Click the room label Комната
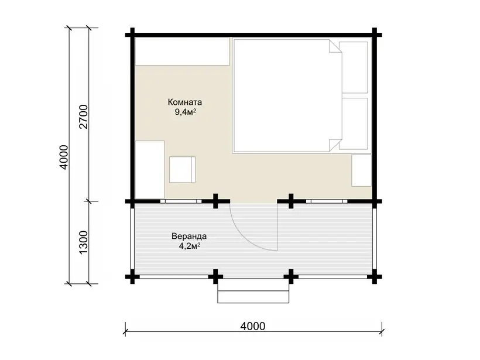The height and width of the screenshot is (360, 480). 184,102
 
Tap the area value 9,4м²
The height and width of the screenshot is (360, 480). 186,112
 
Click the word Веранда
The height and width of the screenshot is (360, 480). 189,236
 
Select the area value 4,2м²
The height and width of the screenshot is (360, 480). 190,246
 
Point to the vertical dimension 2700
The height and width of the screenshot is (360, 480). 83,116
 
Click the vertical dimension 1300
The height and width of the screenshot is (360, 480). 83,242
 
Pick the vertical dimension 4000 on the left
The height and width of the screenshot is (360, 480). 64,157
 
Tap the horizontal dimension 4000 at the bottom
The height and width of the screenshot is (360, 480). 252,326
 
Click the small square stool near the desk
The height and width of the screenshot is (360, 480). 183,170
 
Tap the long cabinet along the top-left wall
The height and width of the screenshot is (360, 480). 183,51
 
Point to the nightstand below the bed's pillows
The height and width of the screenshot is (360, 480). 362,170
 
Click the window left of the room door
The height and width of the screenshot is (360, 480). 181,201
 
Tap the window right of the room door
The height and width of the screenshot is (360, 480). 327,201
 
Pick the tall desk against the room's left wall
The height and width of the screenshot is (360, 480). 150,170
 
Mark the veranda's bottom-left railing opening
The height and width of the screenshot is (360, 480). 174,277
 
